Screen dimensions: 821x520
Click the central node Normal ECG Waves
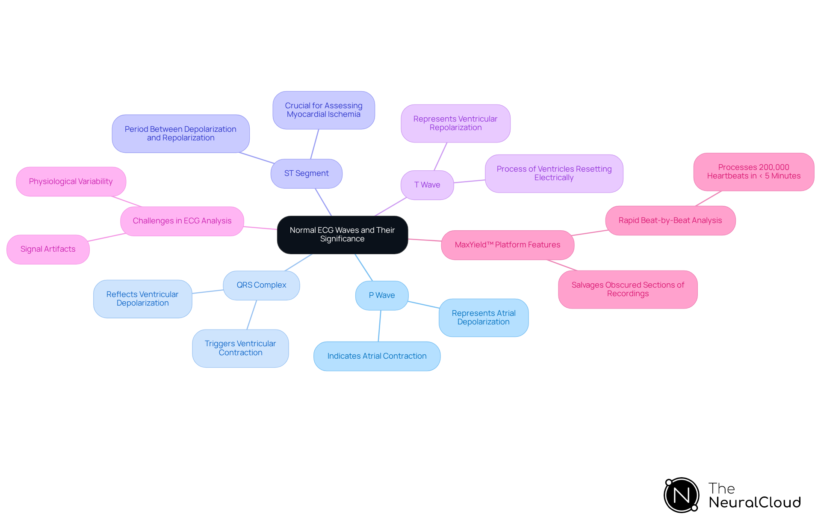tap(342, 235)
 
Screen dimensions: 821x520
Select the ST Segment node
tap(306, 173)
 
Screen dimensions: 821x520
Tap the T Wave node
tap(427, 185)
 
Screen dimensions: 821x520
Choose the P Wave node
tap(381, 295)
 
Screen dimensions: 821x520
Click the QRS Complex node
tap(261, 285)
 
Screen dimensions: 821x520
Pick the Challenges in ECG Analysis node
tap(182, 221)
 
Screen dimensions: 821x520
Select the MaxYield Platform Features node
tap(507, 245)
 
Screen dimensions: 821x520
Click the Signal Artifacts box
tap(48, 249)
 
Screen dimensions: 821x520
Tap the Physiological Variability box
tap(71, 181)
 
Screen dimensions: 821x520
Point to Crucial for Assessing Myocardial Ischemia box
tap(323, 110)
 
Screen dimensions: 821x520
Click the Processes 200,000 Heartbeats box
tap(753, 172)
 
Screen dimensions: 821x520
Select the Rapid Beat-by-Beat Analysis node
tap(670, 220)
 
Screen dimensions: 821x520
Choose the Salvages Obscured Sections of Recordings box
tap(627, 289)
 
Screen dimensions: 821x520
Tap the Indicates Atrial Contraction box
tap(377, 356)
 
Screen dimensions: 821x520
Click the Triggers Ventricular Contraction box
tap(240, 348)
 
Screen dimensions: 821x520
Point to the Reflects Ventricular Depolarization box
tap(142, 299)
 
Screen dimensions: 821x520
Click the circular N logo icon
tap(681, 495)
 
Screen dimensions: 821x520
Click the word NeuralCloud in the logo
tap(754, 502)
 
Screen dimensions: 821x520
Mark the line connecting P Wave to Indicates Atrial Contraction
tap(379, 326)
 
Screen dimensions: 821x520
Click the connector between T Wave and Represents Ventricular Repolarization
tap(440, 156)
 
